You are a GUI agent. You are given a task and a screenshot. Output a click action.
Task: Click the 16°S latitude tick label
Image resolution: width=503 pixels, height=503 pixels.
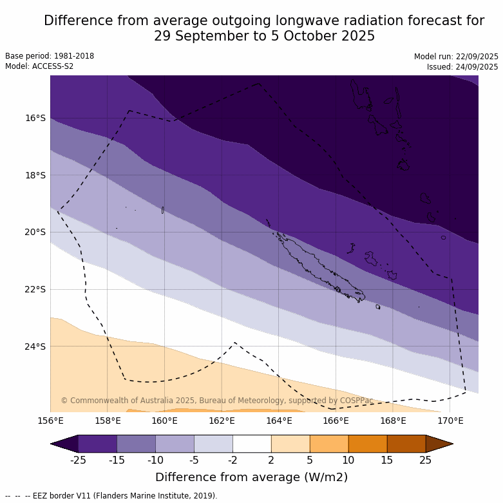[x=35, y=118]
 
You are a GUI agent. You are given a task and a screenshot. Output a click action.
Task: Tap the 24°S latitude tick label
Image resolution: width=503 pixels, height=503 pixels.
[x=35, y=346]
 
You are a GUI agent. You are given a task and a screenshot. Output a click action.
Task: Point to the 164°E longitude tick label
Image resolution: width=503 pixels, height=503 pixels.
[x=279, y=421]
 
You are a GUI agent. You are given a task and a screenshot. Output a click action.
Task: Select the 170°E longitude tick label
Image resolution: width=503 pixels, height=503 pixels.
[x=450, y=421]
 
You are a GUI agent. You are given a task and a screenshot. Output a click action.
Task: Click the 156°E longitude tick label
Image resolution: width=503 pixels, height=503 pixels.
[x=50, y=421]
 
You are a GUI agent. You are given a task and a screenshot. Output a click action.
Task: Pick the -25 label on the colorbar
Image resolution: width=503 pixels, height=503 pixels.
[x=78, y=460]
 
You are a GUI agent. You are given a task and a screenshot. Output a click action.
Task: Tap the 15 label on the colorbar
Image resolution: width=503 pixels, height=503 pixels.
[x=387, y=460]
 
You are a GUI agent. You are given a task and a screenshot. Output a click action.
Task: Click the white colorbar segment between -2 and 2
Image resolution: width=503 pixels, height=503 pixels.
[x=252, y=444]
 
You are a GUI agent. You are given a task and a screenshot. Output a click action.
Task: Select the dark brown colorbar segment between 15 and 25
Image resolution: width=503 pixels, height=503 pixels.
[x=406, y=444]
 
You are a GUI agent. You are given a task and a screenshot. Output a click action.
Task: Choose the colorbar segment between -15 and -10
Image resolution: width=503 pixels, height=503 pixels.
[x=136, y=444]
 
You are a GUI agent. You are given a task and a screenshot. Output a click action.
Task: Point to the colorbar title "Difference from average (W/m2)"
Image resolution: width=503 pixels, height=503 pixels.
[x=251, y=477]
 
